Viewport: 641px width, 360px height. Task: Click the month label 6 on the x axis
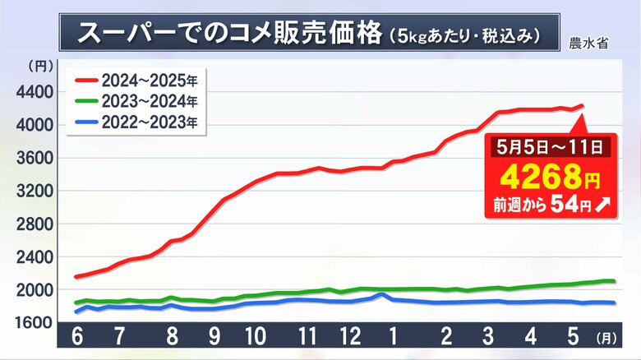tap(77, 337)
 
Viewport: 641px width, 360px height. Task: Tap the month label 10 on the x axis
tap(254, 337)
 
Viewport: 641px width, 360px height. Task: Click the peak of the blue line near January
tap(380, 294)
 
